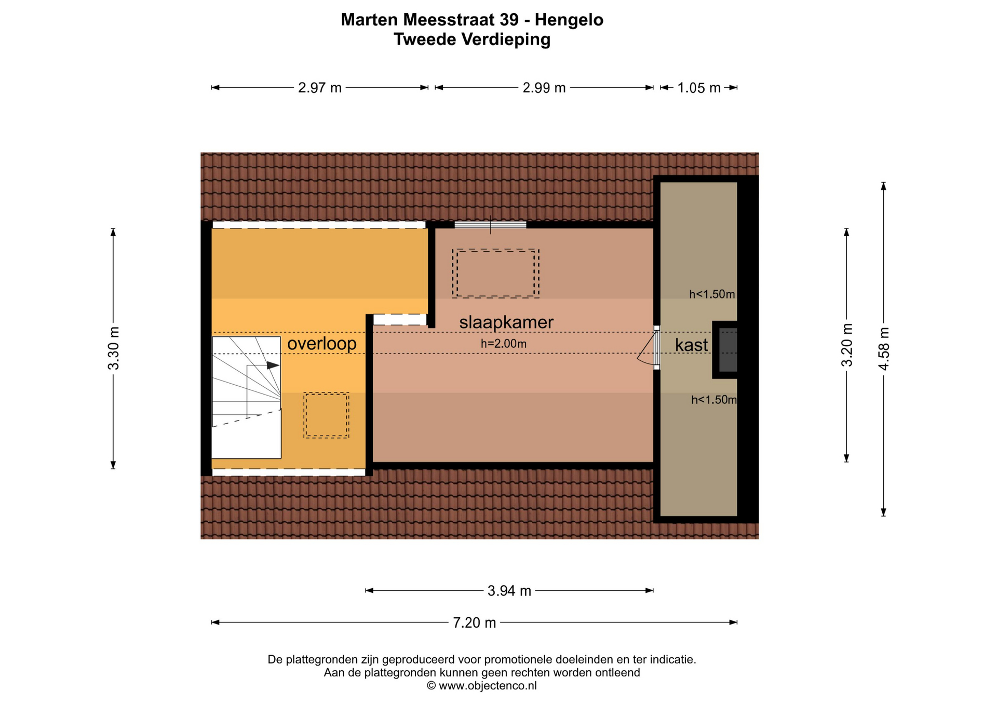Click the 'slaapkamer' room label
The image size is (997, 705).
pos(506,322)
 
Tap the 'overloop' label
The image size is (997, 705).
pos(322,344)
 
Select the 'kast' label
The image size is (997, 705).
pos(691,345)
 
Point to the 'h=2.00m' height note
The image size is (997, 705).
pos(504,344)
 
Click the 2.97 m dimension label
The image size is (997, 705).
pos(320,88)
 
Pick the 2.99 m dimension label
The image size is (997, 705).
pos(544,88)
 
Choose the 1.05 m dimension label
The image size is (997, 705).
pos(699,88)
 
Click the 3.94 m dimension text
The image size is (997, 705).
pos(509,591)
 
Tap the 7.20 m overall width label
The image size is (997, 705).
pos(475,622)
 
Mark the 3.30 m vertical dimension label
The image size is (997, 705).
pos(113,348)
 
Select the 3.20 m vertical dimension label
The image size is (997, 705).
pos(847,345)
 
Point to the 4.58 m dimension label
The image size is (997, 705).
pos(884,349)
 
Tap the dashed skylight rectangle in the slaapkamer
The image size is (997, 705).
pos(495,274)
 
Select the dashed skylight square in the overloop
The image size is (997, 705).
pos(326,415)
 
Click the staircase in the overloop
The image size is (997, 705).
pos(247,398)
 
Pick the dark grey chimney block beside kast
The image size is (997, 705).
pos(727,350)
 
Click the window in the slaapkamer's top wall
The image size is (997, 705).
pos(490,225)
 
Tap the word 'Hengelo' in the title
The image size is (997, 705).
pos(569,20)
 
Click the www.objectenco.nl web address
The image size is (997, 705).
pos(488,686)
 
